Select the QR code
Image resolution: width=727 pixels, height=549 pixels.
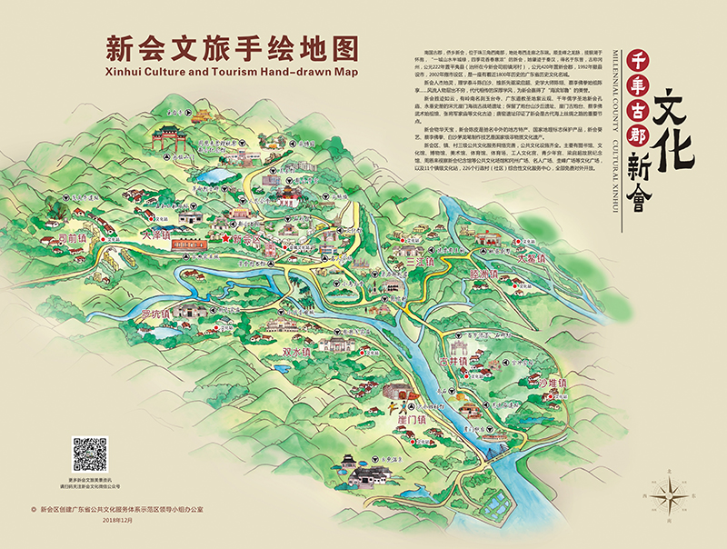coord(89,454)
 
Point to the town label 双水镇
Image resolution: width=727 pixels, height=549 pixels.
coord(298,352)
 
